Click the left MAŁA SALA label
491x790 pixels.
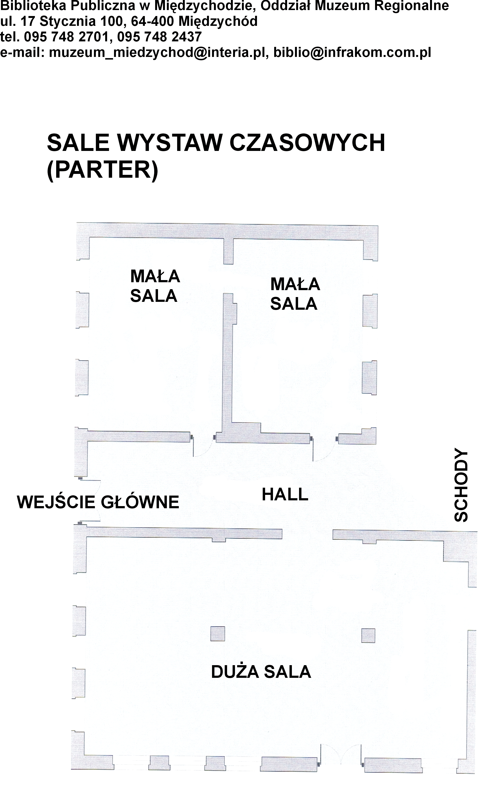(155, 286)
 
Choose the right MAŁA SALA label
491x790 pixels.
(295, 294)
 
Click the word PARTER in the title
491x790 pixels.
(102, 170)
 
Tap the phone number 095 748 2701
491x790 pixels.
(66, 37)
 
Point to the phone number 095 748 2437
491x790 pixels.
(159, 37)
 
